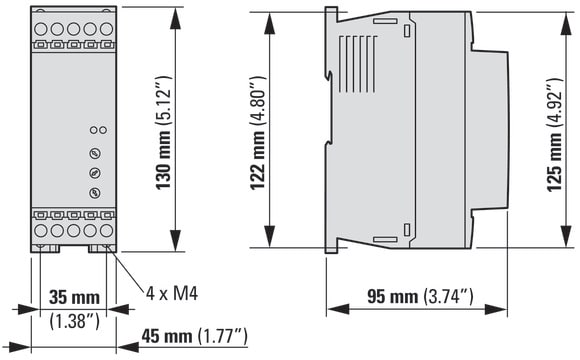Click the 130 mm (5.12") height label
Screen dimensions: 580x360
pos(163,132)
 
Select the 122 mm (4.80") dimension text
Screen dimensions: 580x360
pos(258,133)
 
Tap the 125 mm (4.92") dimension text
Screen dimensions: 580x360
pos(555,135)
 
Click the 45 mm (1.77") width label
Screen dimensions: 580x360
pos(195,336)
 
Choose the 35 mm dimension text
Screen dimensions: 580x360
pos(74,297)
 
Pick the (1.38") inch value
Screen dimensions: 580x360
pos(74,320)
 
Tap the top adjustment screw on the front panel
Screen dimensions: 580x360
pos(95,153)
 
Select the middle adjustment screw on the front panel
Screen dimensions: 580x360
pos(95,173)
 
